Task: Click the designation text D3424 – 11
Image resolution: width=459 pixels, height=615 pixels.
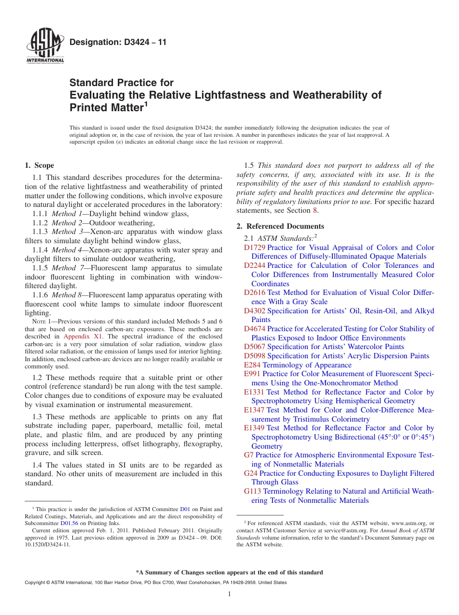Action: click(118, 42)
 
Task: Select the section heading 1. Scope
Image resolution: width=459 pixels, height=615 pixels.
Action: click(40, 165)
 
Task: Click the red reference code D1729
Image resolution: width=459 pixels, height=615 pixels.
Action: click(254, 248)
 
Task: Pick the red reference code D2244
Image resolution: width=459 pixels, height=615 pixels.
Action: click(254, 265)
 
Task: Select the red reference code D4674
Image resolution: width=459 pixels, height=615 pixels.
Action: click(254, 329)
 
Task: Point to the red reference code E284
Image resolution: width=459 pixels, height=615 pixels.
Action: click(252, 365)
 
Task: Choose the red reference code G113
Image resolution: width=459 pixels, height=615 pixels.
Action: click(252, 491)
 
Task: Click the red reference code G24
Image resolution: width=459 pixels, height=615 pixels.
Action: click(250, 473)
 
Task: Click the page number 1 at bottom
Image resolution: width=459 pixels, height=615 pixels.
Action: click(229, 594)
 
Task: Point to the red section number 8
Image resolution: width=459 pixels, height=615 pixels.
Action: click(315, 210)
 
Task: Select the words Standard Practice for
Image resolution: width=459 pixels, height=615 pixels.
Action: click(121, 83)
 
